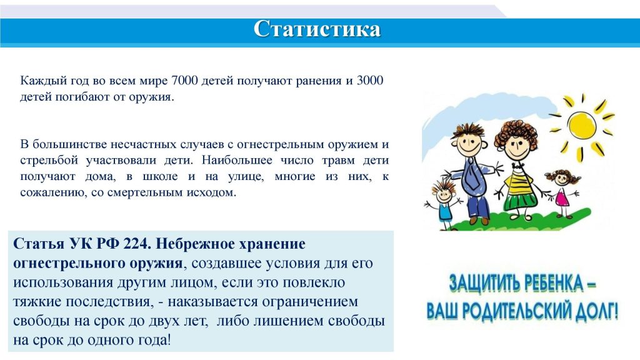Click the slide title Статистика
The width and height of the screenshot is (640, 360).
[317, 29]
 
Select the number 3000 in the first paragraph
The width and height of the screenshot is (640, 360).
[370, 81]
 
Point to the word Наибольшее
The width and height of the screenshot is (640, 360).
[237, 160]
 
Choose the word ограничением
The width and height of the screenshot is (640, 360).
[310, 302]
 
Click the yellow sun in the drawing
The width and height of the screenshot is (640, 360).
[582, 126]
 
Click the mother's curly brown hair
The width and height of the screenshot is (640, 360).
[516, 131]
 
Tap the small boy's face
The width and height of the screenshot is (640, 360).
[444, 196]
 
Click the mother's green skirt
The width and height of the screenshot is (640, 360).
[521, 200]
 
